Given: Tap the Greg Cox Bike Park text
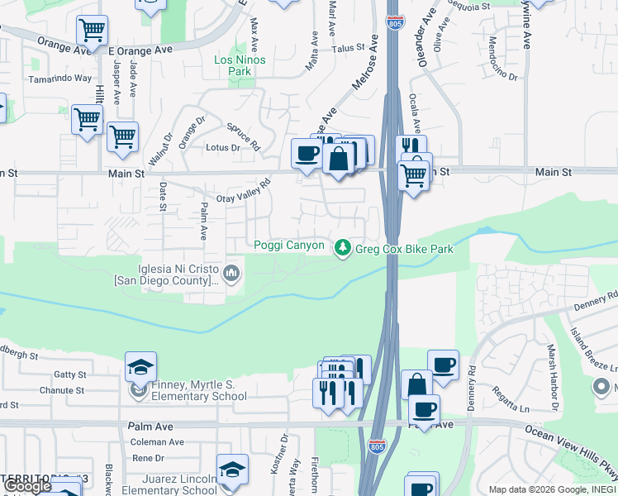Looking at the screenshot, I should click(x=404, y=247).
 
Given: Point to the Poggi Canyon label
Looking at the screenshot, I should click(x=288, y=246).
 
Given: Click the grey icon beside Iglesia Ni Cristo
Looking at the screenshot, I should click(x=232, y=273).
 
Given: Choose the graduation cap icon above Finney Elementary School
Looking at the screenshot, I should click(x=140, y=366).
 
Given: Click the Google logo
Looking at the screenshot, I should click(x=27, y=487).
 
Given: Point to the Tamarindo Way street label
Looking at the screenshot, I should click(x=60, y=79).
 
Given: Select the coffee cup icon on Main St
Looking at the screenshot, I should click(x=307, y=154).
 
